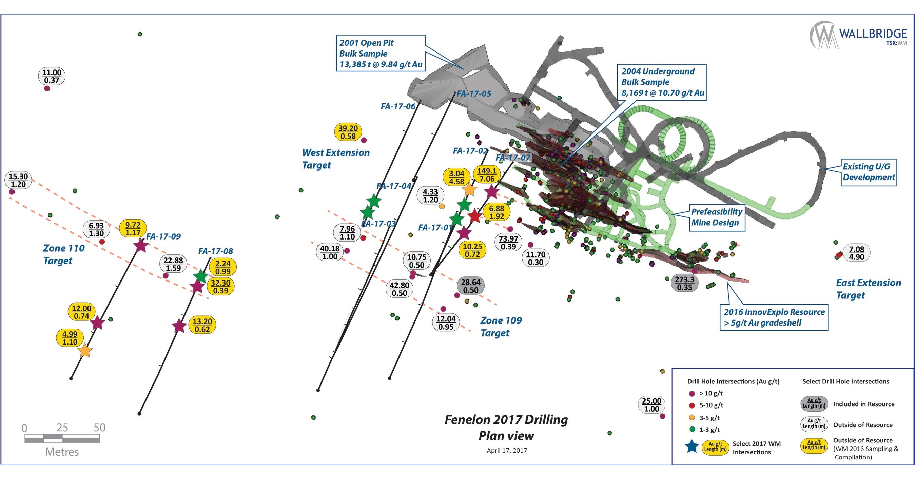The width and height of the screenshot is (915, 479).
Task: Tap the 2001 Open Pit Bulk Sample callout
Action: pyautogui.click(x=381, y=53)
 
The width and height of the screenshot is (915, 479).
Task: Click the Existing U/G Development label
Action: pyautogui.click(x=869, y=172)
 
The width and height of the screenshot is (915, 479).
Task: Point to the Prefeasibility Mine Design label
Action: pyautogui.click(x=717, y=217)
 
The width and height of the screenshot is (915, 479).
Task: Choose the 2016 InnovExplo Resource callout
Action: pyautogui.click(x=774, y=317)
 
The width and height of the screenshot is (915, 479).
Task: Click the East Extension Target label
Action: pyautogui.click(x=868, y=289)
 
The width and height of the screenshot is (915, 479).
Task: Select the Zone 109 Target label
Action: pyautogui.click(x=501, y=327)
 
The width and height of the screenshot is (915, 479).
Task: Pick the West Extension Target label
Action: pyautogui.click(x=335, y=159)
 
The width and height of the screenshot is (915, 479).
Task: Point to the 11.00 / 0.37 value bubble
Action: pyautogui.click(x=52, y=76)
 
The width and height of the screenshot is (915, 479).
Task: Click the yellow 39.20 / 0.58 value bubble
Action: pyautogui.click(x=348, y=132)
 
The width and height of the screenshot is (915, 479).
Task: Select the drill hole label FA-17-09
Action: pyautogui.click(x=163, y=236)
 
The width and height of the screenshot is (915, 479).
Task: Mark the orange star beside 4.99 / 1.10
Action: pyautogui.click(x=85, y=351)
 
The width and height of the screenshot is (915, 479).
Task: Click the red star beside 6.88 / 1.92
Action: pyautogui.click(x=474, y=216)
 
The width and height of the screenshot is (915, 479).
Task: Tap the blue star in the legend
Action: pyautogui.click(x=692, y=446)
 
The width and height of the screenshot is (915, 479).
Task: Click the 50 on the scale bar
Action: pyautogui.click(x=99, y=428)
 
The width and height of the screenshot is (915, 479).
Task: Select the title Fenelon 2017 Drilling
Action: pyautogui.click(x=506, y=420)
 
